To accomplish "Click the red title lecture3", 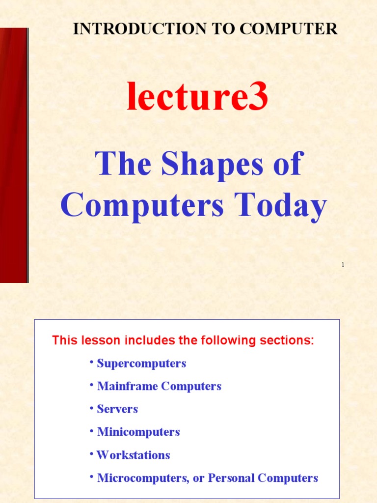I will (x=197, y=97).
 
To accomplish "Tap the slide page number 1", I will (x=343, y=265).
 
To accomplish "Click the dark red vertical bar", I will (x=13, y=155).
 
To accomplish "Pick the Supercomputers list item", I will (x=141, y=363).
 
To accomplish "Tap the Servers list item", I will (x=117, y=409).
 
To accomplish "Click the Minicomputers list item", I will (x=138, y=432).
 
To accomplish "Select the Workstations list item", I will (x=133, y=455).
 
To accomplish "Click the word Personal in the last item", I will (x=231, y=478).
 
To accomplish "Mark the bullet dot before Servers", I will (x=91, y=408).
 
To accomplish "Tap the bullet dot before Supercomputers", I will (x=91, y=362).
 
